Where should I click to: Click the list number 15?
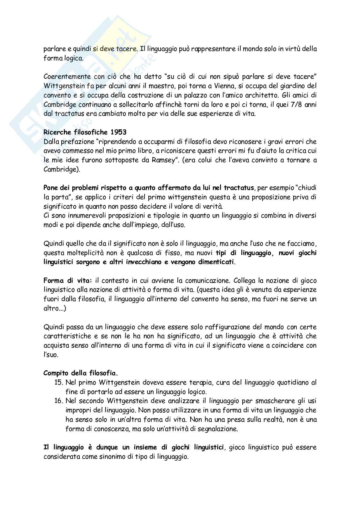58,383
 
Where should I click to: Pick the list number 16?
58,401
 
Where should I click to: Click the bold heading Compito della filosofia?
81,373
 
